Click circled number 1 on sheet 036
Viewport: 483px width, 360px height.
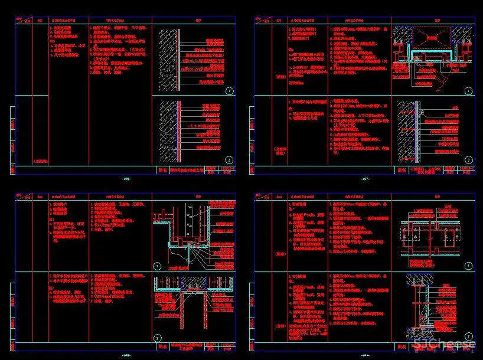(x=229, y=91)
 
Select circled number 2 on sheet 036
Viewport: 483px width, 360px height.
(x=229, y=160)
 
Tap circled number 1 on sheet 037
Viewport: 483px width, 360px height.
(x=468, y=91)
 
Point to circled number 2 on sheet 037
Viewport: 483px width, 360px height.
(x=468, y=160)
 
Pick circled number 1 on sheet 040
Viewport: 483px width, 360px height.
(x=158, y=266)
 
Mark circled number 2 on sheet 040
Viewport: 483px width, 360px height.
(x=158, y=337)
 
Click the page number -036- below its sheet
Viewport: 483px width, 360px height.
(x=126, y=178)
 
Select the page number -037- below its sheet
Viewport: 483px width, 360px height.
(x=364, y=178)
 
